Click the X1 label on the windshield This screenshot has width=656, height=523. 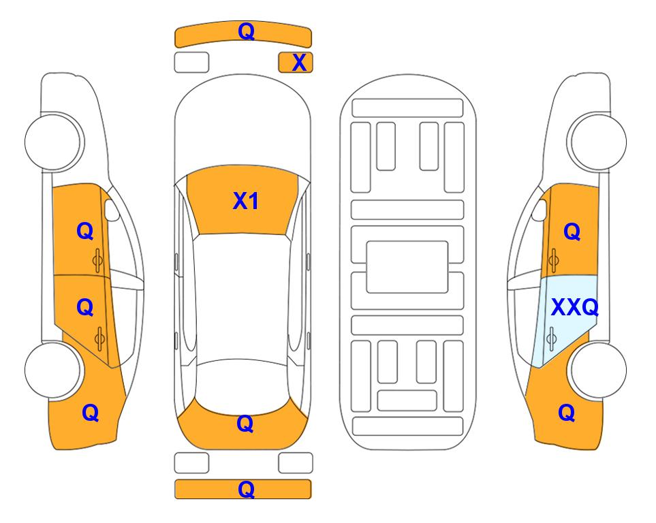[x=246, y=202]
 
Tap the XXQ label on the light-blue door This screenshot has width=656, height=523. [x=575, y=308]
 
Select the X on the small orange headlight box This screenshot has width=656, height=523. [x=299, y=63]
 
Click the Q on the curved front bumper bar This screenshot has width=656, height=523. [x=246, y=31]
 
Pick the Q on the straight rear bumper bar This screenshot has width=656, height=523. [x=246, y=489]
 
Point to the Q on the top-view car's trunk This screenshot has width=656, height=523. [x=245, y=424]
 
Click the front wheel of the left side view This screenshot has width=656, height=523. [x=54, y=142]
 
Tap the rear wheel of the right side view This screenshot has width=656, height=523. [x=598, y=370]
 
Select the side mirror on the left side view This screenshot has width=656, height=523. [x=111, y=210]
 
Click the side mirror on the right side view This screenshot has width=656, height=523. [x=540, y=210]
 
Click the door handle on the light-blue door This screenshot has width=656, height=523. [x=551, y=338]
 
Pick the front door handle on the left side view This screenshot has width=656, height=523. [x=98, y=260]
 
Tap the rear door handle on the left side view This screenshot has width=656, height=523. [x=99, y=338]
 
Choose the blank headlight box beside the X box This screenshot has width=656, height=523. [x=191, y=63]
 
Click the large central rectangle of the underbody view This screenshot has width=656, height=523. [x=407, y=267]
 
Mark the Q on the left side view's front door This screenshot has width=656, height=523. [x=85, y=231]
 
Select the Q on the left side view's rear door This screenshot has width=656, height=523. [x=85, y=308]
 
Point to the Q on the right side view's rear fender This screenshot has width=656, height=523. [x=567, y=413]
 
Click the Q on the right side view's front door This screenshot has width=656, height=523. [x=572, y=232]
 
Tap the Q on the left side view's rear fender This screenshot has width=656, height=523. [x=91, y=413]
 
